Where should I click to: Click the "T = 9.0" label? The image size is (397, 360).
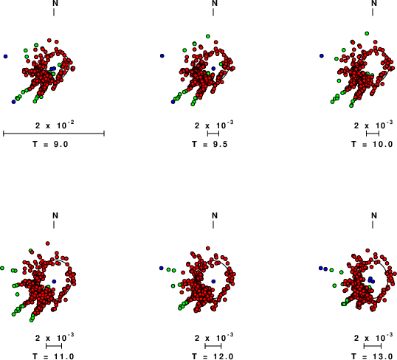(50, 145)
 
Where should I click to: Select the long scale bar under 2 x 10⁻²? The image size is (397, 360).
(54, 134)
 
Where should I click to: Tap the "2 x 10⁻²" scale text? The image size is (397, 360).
(55, 125)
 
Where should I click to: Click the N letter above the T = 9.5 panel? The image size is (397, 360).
(215, 3)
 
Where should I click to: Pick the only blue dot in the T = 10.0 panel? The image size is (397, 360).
(322, 55)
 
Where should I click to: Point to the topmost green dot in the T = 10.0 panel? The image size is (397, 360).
(367, 33)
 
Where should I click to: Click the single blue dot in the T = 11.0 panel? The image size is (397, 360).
(54, 282)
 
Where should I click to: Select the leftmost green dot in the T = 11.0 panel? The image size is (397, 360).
(2, 268)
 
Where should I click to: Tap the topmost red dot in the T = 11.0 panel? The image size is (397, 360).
(48, 243)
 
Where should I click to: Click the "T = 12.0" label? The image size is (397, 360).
(213, 356)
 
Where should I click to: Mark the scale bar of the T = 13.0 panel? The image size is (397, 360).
(373, 346)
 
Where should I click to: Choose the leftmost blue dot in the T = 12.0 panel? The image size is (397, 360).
(162, 268)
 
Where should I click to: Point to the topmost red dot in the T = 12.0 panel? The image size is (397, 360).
(208, 248)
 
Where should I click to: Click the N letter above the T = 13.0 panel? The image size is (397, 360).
(374, 215)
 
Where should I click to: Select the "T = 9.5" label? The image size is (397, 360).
(210, 145)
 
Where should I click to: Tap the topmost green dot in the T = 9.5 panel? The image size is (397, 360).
(208, 36)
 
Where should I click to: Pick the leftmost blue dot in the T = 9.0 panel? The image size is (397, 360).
(5, 57)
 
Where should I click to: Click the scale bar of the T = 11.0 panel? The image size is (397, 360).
(54, 346)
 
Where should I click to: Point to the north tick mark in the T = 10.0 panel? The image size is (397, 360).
(373, 12)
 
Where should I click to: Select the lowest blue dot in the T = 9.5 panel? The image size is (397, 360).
(173, 102)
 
